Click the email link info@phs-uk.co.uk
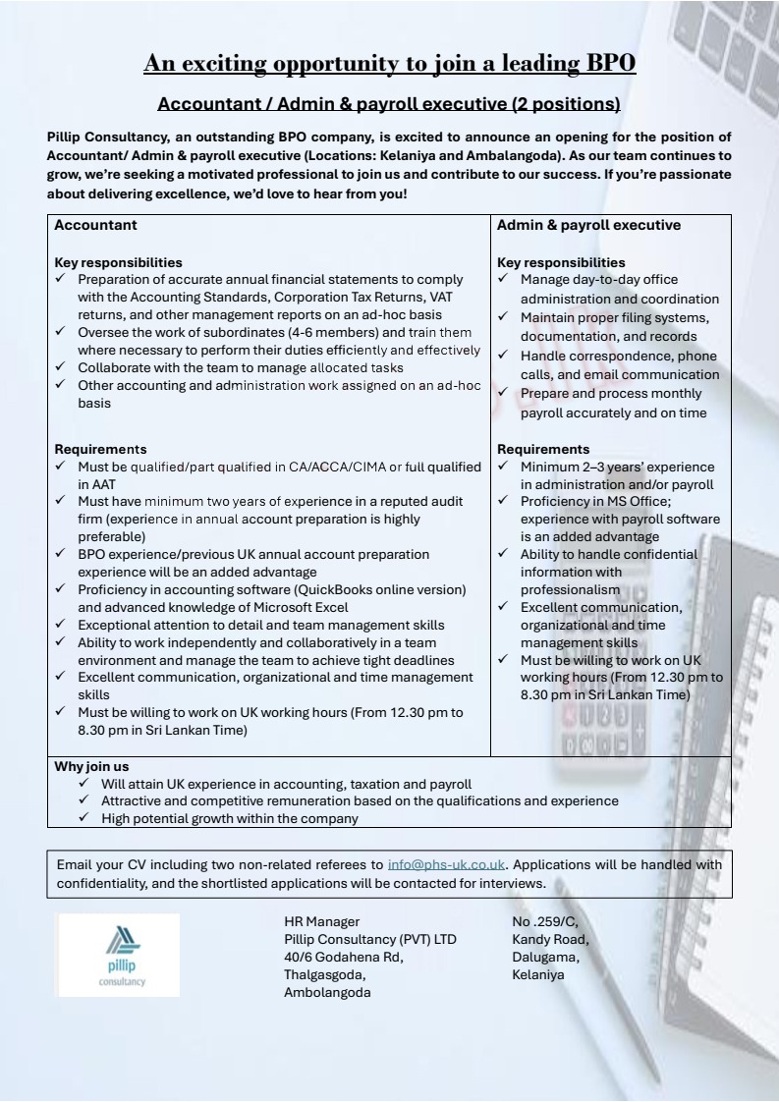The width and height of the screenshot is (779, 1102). pos(446,865)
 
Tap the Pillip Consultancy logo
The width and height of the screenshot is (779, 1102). pos(119,955)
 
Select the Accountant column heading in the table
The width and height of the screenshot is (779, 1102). pos(95,225)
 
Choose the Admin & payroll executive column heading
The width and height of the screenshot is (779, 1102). pos(588,225)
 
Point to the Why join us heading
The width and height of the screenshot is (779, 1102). pos(91,766)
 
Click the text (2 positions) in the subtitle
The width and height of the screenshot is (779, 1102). pos(557,103)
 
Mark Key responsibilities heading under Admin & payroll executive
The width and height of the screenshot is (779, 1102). pos(561,262)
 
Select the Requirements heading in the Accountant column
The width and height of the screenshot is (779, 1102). pos(100,449)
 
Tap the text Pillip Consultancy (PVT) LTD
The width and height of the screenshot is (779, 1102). pos(369,939)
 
